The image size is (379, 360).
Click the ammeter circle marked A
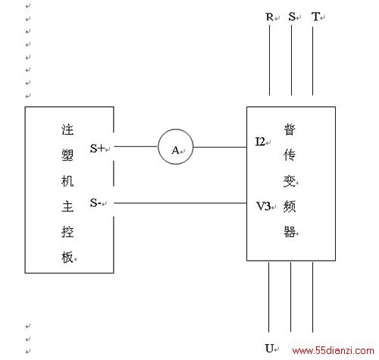click(158, 146)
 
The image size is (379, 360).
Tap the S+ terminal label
click(97, 148)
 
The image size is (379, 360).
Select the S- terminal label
click(96, 202)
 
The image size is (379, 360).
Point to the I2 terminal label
click(260, 142)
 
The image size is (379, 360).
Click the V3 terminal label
click(263, 206)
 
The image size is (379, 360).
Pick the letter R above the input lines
click(270, 17)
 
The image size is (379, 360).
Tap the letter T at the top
click(316, 17)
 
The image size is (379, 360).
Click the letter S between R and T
click(292, 17)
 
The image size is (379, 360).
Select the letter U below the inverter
click(269, 348)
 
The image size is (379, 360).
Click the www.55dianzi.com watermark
click(333, 350)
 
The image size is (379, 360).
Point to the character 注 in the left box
click(67, 130)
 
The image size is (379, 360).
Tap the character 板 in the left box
click(67, 257)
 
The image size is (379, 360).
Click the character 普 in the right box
click(290, 130)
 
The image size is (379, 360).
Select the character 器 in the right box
click(290, 231)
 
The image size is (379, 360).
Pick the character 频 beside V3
click(290, 206)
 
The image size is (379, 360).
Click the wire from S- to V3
click(180, 203)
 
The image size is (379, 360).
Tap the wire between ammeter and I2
click(220, 147)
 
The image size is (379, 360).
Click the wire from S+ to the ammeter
click(136, 146)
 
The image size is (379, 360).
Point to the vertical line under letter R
click(269, 60)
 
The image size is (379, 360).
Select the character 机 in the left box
click(67, 181)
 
